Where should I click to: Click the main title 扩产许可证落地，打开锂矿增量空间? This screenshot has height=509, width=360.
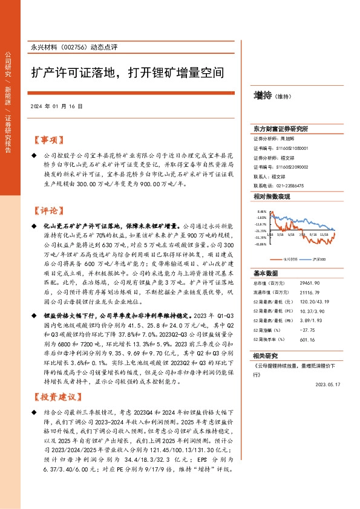pyautogui.click(x=128, y=74)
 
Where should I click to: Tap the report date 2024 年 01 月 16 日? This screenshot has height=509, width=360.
pyautogui.click(x=55, y=106)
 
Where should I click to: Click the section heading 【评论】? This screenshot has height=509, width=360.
pyautogui.click(x=48, y=211)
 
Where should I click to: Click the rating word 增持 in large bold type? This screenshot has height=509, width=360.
pyautogui.click(x=262, y=95)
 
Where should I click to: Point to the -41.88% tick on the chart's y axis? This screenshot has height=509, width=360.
pyautogui.click(x=261, y=244)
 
